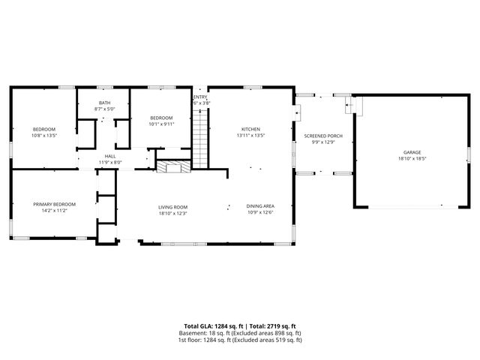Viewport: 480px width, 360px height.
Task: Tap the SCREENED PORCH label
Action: pyautogui.click(x=323, y=136)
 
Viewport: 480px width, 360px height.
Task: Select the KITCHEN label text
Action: pyautogui.click(x=250, y=129)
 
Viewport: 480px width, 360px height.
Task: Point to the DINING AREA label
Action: pyautogui.click(x=259, y=206)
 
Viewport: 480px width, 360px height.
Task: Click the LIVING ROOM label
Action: pyautogui.click(x=172, y=206)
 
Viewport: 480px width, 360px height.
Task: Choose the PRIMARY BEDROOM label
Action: pyautogui.click(x=54, y=204)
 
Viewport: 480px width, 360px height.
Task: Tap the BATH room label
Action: pyautogui.click(x=104, y=103)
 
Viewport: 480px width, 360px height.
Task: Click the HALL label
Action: pyautogui.click(x=109, y=156)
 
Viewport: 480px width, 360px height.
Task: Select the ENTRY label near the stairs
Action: pyautogui.click(x=200, y=97)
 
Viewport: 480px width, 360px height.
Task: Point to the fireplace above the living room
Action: pyautogui.click(x=173, y=166)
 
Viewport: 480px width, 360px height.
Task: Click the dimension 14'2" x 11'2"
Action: pyautogui.click(x=54, y=211)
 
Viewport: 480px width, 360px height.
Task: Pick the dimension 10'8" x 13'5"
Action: pyautogui.click(x=43, y=136)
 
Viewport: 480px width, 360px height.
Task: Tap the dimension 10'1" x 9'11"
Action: pyautogui.click(x=161, y=124)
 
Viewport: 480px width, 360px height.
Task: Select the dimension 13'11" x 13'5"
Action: pyautogui.click(x=250, y=136)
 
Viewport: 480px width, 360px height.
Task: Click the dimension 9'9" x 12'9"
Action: pyautogui.click(x=323, y=142)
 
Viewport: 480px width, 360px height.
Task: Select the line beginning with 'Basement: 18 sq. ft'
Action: pyautogui.click(x=240, y=333)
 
